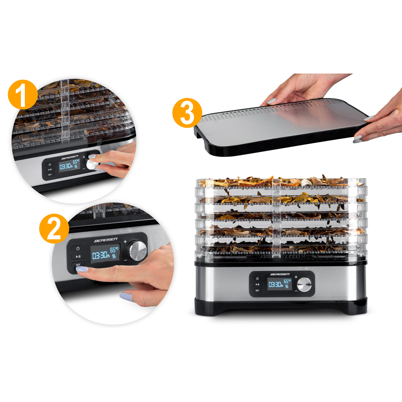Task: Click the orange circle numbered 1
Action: point(23,94)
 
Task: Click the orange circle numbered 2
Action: point(54,228)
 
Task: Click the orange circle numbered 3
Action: point(187,113)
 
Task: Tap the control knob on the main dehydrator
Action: point(304,284)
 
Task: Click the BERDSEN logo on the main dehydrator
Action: point(280,274)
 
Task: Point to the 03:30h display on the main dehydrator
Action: point(276,285)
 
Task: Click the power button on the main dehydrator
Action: point(257,278)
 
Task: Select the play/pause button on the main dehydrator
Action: point(257,284)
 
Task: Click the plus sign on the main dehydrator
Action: point(296,277)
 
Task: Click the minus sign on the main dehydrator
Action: point(296,291)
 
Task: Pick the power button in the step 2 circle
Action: point(78,248)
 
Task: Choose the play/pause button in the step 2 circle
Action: point(78,256)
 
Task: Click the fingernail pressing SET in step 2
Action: point(82,269)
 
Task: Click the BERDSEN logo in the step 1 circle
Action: point(70,157)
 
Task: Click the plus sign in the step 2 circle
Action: point(125,242)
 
